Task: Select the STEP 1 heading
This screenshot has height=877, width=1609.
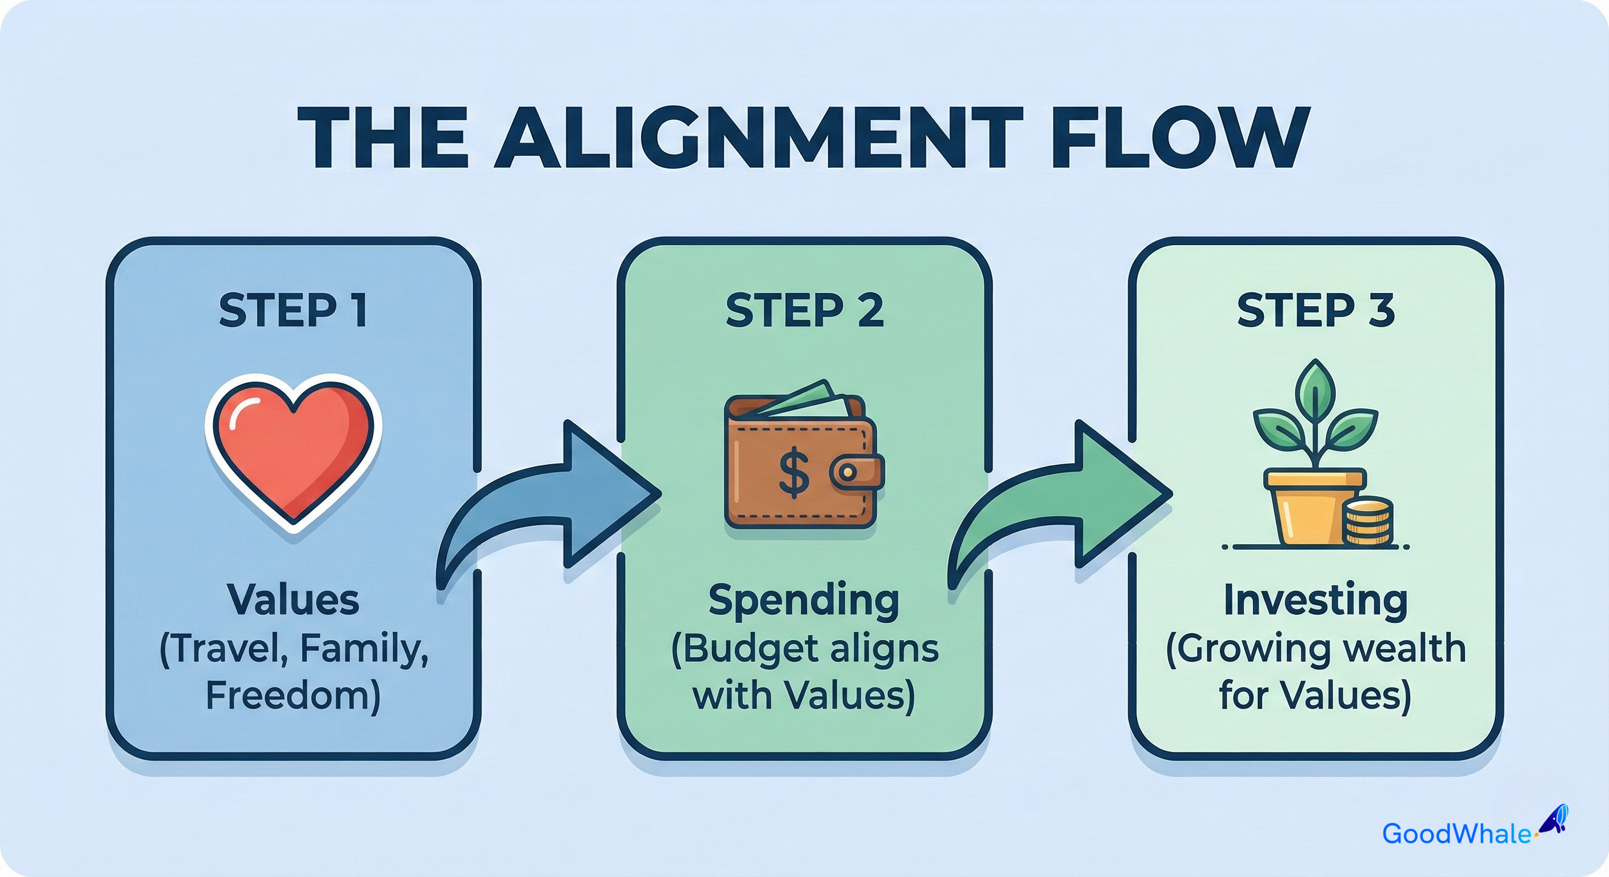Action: [293, 311]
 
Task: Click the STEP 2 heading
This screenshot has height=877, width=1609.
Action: [804, 311]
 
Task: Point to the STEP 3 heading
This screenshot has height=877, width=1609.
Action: [1316, 311]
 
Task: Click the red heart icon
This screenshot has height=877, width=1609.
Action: [294, 449]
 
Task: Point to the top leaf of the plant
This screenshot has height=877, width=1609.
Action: [1316, 386]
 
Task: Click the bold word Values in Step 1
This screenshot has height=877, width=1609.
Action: [293, 601]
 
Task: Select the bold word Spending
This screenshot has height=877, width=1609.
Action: [804, 601]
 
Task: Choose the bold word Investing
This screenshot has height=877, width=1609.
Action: [1316, 601]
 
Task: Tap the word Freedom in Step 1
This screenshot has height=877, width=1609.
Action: [293, 696]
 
